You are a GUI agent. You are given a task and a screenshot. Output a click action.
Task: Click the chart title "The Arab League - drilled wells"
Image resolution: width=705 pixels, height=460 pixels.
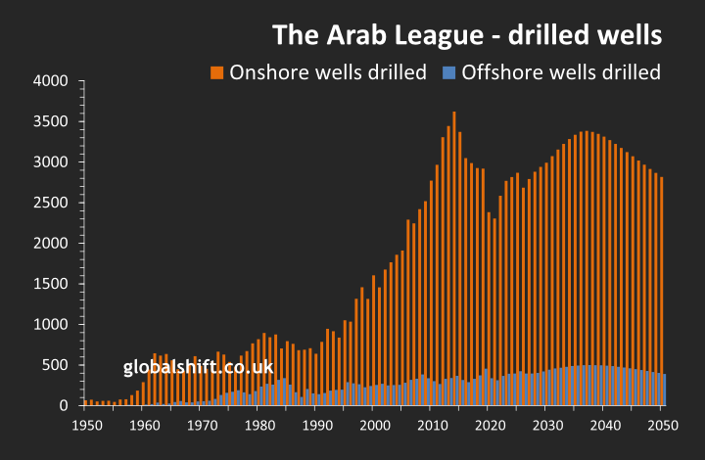point(467,35)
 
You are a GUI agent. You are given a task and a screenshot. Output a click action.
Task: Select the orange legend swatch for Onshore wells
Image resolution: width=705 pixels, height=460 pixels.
point(216,72)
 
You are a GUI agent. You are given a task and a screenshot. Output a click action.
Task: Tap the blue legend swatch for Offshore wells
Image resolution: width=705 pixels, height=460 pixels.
point(448,72)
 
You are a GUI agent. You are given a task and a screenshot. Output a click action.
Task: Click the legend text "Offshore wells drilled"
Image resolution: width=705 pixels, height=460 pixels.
point(560,72)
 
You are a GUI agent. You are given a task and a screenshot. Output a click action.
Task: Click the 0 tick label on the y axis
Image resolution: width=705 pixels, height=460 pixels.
point(64,405)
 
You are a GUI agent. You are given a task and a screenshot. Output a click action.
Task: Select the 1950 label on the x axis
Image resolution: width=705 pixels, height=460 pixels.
point(85,426)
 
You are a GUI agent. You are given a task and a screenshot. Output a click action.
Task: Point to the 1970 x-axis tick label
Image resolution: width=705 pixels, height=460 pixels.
point(202,426)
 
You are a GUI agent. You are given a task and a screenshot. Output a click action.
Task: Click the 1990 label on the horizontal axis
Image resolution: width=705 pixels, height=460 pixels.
point(316,426)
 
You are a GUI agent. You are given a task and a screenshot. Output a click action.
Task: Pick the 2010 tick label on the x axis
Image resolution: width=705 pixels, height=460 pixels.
point(432,426)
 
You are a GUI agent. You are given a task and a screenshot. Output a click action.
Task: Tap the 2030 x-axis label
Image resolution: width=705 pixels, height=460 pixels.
point(547,426)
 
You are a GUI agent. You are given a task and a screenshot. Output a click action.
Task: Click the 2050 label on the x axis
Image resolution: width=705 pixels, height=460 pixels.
point(663,426)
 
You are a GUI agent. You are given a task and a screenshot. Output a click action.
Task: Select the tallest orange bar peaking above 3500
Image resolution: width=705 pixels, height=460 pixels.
point(453,245)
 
